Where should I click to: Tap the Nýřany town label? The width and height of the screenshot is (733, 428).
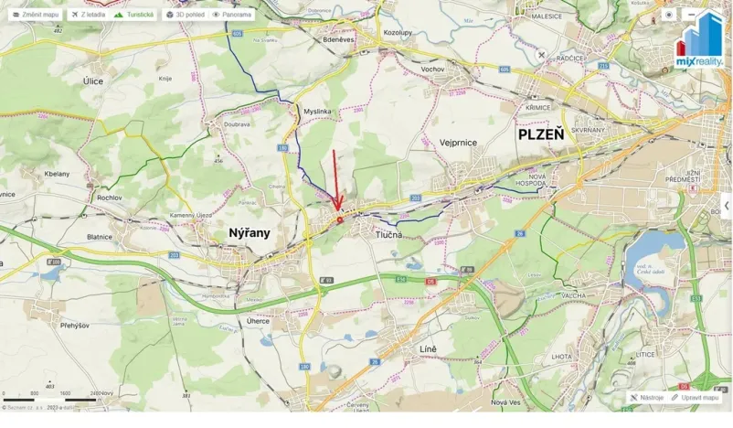coord(248,232)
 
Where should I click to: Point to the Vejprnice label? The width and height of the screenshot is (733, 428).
coord(459,142)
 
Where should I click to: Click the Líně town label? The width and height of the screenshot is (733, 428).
coord(427,349)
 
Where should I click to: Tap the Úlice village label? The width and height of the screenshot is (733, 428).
coord(93,81)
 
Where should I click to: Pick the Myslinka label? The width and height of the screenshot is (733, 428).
coord(316,112)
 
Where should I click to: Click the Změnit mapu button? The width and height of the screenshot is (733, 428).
coord(36,15)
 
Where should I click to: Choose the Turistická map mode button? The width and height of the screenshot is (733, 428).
coord(133,15)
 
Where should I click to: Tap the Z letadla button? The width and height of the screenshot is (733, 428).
coord(88,15)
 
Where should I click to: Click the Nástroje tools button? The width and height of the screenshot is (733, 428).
coord(647,398)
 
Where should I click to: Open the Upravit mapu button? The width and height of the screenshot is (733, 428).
coord(696,398)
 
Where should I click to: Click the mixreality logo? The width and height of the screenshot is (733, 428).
coord(699,41)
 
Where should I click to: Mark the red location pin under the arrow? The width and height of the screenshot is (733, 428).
coord(340,219)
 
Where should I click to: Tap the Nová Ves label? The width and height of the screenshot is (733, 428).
coord(505,402)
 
